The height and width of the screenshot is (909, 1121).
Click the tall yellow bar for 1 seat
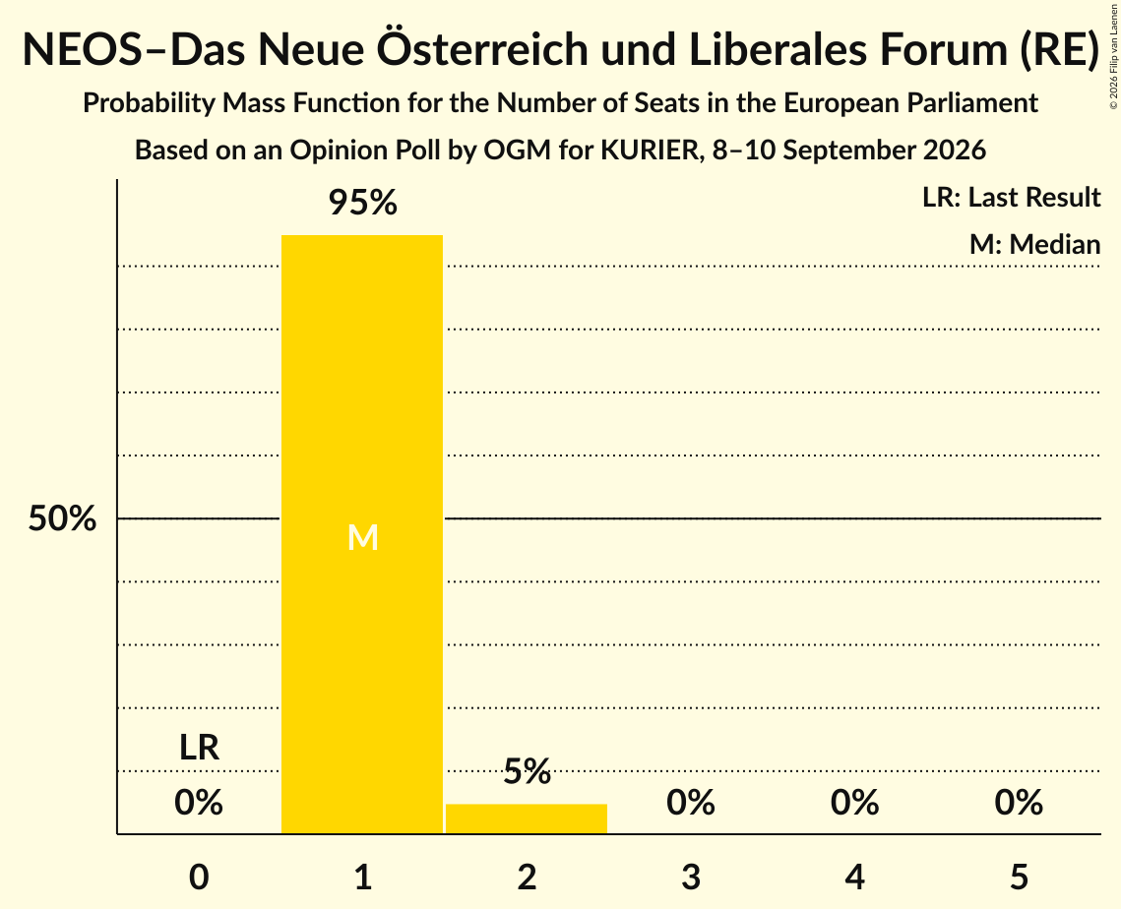pos(362,534)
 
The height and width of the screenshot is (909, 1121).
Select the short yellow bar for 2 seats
pos(527,818)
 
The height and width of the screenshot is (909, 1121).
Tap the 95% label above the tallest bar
pos(362,203)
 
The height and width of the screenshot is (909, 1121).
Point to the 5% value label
pos(527,772)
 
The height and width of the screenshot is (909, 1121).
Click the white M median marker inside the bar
pos(362,537)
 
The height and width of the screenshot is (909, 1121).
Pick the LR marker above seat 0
pos(199,748)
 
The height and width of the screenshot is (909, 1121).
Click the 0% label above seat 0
pos(199,803)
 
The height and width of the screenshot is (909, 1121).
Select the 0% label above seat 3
pos(691,803)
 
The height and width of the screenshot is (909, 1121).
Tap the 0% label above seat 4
pos(854,803)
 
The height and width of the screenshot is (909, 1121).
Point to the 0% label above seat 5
pos(1019,803)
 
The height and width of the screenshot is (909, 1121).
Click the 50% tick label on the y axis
pos(62,518)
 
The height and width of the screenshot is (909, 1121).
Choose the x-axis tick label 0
pos(199,877)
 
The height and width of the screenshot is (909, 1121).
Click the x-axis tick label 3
pos(691,877)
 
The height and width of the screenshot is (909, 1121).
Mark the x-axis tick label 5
pos(1019,877)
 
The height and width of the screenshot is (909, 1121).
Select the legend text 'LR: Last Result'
pos(1011,197)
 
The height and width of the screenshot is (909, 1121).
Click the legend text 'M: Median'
pos(1034,244)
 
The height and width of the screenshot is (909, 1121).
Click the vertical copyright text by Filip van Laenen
pos(1113,56)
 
